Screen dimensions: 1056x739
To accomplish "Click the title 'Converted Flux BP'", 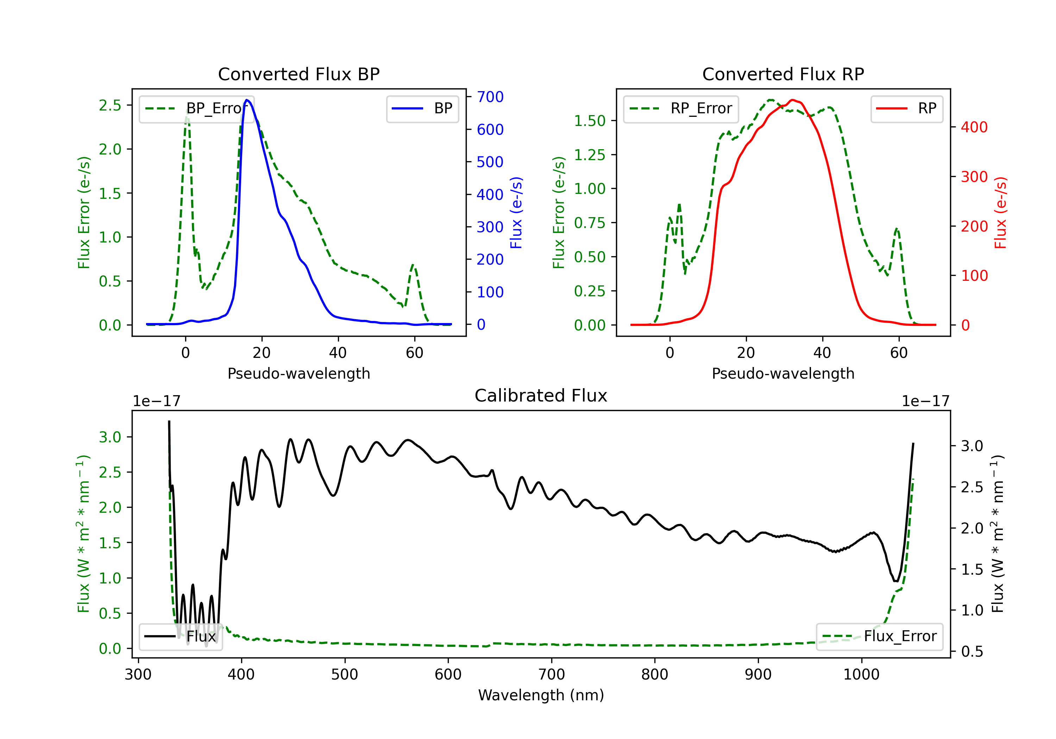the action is (299, 74).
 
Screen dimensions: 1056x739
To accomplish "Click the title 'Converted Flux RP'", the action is (783, 74).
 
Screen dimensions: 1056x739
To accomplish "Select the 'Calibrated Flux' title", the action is (541, 396).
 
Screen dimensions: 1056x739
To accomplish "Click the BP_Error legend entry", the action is (197, 108).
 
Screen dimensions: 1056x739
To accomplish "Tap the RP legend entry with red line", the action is (906, 108).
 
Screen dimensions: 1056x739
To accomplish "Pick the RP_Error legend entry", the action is (681, 108).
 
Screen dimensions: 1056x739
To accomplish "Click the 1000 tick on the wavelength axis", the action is (861, 674).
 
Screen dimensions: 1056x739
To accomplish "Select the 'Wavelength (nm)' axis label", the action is (541, 695).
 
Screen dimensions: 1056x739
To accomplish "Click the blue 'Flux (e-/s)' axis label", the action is (516, 213).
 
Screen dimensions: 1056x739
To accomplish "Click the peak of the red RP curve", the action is (792, 100).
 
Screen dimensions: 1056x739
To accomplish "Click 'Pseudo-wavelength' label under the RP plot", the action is (783, 373).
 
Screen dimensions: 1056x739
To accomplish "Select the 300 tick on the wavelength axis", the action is (138, 674).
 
